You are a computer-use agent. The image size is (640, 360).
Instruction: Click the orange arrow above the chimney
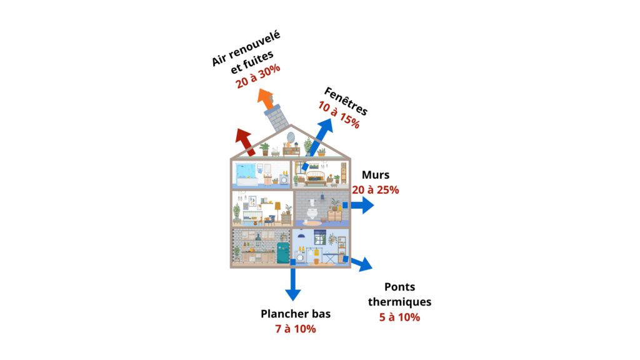(x=266, y=99)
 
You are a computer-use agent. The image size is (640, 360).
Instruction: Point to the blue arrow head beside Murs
(x=367, y=205)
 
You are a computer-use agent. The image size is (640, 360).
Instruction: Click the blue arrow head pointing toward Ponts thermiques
(x=365, y=264)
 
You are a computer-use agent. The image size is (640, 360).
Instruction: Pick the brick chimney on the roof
(x=277, y=118)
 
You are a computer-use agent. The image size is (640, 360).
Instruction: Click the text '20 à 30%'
(x=258, y=76)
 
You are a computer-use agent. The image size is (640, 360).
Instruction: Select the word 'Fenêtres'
(x=346, y=102)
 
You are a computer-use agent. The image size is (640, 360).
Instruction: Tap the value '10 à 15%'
(x=339, y=115)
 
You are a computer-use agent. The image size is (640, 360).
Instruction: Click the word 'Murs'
(x=376, y=175)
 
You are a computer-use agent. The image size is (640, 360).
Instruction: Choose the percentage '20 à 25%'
(x=376, y=190)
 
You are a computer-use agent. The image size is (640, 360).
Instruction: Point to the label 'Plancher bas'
(x=296, y=314)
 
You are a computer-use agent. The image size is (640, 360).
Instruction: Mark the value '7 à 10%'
(x=296, y=329)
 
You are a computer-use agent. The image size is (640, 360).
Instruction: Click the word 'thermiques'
(x=399, y=302)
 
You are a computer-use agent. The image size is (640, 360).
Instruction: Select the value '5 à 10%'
(x=399, y=317)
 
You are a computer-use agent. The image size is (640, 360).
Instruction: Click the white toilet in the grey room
(x=312, y=214)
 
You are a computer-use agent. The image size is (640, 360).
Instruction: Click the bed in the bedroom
(x=316, y=178)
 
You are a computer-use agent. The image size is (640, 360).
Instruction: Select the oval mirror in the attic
(x=291, y=137)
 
